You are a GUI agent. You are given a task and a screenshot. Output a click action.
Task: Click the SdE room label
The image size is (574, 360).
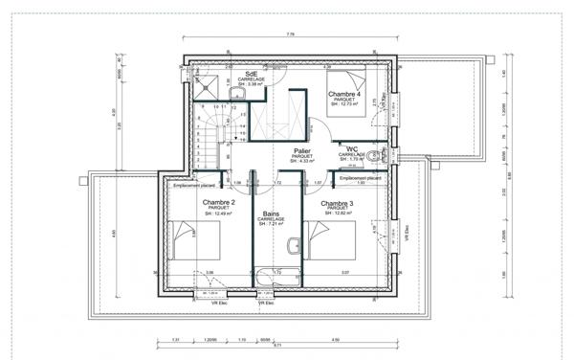coord(251,73)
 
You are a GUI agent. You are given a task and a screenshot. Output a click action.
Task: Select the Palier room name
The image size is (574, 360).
coord(302,151)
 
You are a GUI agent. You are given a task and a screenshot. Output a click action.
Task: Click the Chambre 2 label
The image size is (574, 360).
coord(219,203)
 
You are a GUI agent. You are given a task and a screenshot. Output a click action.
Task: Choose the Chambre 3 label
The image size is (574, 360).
coord(338,203)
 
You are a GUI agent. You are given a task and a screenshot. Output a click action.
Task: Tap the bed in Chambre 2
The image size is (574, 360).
coord(184,235)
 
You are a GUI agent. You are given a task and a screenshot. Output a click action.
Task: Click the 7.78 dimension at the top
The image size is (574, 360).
coord(290,34)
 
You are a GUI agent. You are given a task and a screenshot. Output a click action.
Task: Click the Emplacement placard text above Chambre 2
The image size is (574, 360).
coord(193,187)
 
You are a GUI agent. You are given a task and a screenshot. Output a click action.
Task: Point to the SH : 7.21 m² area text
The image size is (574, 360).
coord(272,226)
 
